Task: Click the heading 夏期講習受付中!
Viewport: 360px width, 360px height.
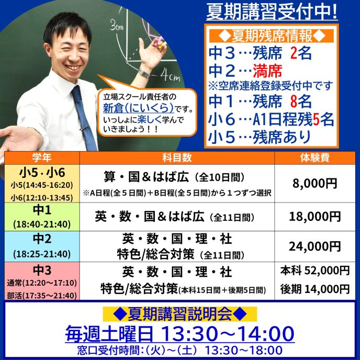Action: [x=272, y=12]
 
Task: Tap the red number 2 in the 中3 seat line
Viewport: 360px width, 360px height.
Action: [x=294, y=53]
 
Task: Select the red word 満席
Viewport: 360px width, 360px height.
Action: [x=267, y=71]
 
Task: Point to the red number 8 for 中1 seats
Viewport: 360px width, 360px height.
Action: [x=294, y=102]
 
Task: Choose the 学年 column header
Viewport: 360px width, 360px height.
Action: [x=42, y=157]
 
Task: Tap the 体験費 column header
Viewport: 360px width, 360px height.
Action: [x=315, y=157]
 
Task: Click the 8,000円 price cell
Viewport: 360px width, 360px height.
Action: [x=315, y=183]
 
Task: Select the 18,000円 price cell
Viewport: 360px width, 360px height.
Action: [x=315, y=217]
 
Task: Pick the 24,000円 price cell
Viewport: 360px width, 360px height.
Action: [x=315, y=246]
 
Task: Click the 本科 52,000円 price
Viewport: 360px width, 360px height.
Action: [x=315, y=271]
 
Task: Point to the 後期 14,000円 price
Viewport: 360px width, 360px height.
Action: [x=315, y=289]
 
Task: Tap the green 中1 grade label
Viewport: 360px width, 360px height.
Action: [x=42, y=210]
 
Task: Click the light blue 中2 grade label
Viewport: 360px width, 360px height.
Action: [x=42, y=239]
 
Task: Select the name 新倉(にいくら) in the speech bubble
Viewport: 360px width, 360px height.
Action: [x=139, y=107]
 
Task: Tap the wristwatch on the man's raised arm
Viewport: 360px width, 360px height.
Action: [x=144, y=74]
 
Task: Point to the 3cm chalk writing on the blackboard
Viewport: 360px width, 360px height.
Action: [x=117, y=26]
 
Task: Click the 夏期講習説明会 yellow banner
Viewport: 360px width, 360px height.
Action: [x=180, y=314]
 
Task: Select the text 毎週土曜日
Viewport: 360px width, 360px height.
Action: [x=109, y=334]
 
